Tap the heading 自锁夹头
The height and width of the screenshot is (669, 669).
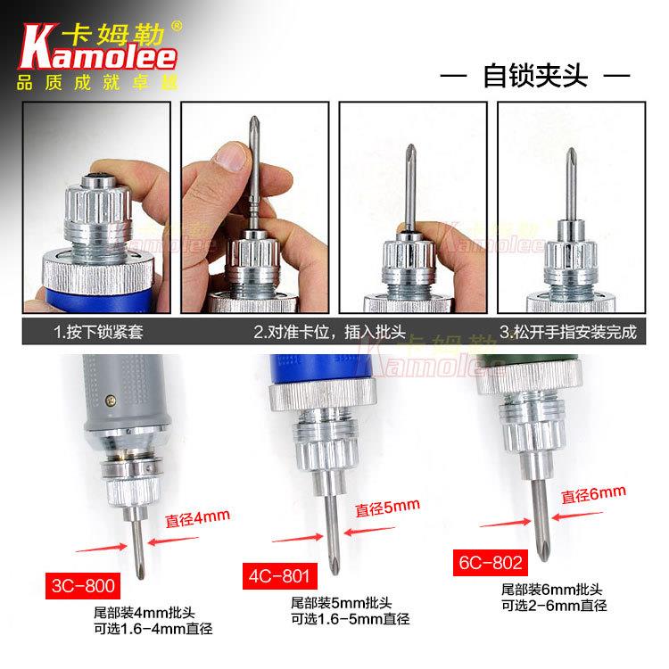click(x=535, y=76)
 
